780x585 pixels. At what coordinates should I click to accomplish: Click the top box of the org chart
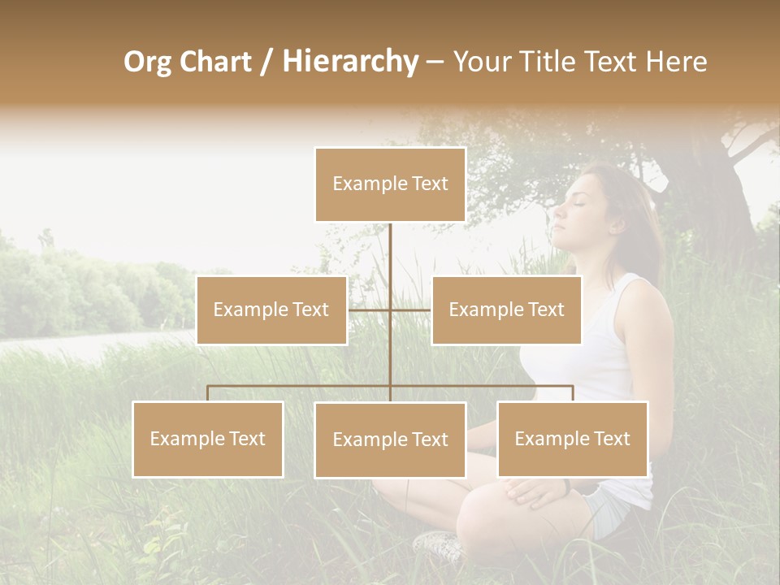(x=390, y=184)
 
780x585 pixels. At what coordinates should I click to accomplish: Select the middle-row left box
(x=271, y=310)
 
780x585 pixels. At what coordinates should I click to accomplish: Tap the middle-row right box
(x=506, y=310)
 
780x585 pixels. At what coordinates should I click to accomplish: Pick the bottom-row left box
(x=208, y=439)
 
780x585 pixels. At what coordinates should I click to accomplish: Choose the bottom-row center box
(x=390, y=440)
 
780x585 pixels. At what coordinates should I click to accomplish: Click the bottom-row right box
(x=573, y=439)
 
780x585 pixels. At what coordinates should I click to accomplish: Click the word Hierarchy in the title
(x=350, y=61)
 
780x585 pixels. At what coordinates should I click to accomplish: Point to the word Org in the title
(x=147, y=61)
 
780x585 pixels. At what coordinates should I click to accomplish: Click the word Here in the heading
(x=676, y=61)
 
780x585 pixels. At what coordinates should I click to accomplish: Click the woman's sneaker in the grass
(x=439, y=544)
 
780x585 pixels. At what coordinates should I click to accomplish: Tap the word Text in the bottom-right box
(x=612, y=439)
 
